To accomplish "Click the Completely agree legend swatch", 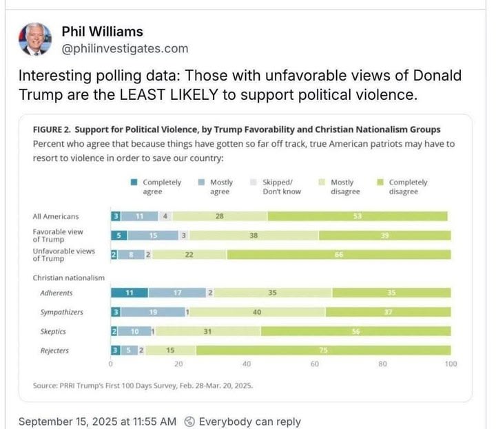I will [x=134, y=182].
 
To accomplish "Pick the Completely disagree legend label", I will [x=408, y=187].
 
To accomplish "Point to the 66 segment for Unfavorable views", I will [x=339, y=255].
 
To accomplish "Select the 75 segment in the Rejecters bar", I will [x=324, y=350].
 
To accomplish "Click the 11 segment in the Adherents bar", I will [x=130, y=293].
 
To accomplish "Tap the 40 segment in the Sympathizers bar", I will [x=257, y=312].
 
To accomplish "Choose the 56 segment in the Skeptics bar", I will [x=356, y=331].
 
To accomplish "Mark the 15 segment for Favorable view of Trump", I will [x=153, y=236].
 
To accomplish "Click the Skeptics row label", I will [x=53, y=332].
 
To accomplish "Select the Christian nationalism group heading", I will [x=69, y=278].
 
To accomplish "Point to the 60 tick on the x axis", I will [x=315, y=364].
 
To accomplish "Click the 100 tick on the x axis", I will [x=451, y=364].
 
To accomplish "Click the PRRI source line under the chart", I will [x=143, y=386].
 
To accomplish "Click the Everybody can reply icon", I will [x=190, y=421].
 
